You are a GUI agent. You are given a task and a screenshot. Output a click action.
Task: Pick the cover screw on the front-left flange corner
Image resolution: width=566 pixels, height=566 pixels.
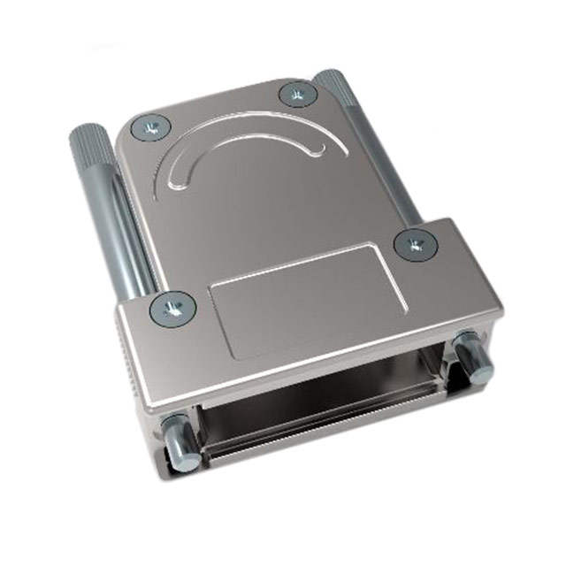[x=172, y=309]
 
